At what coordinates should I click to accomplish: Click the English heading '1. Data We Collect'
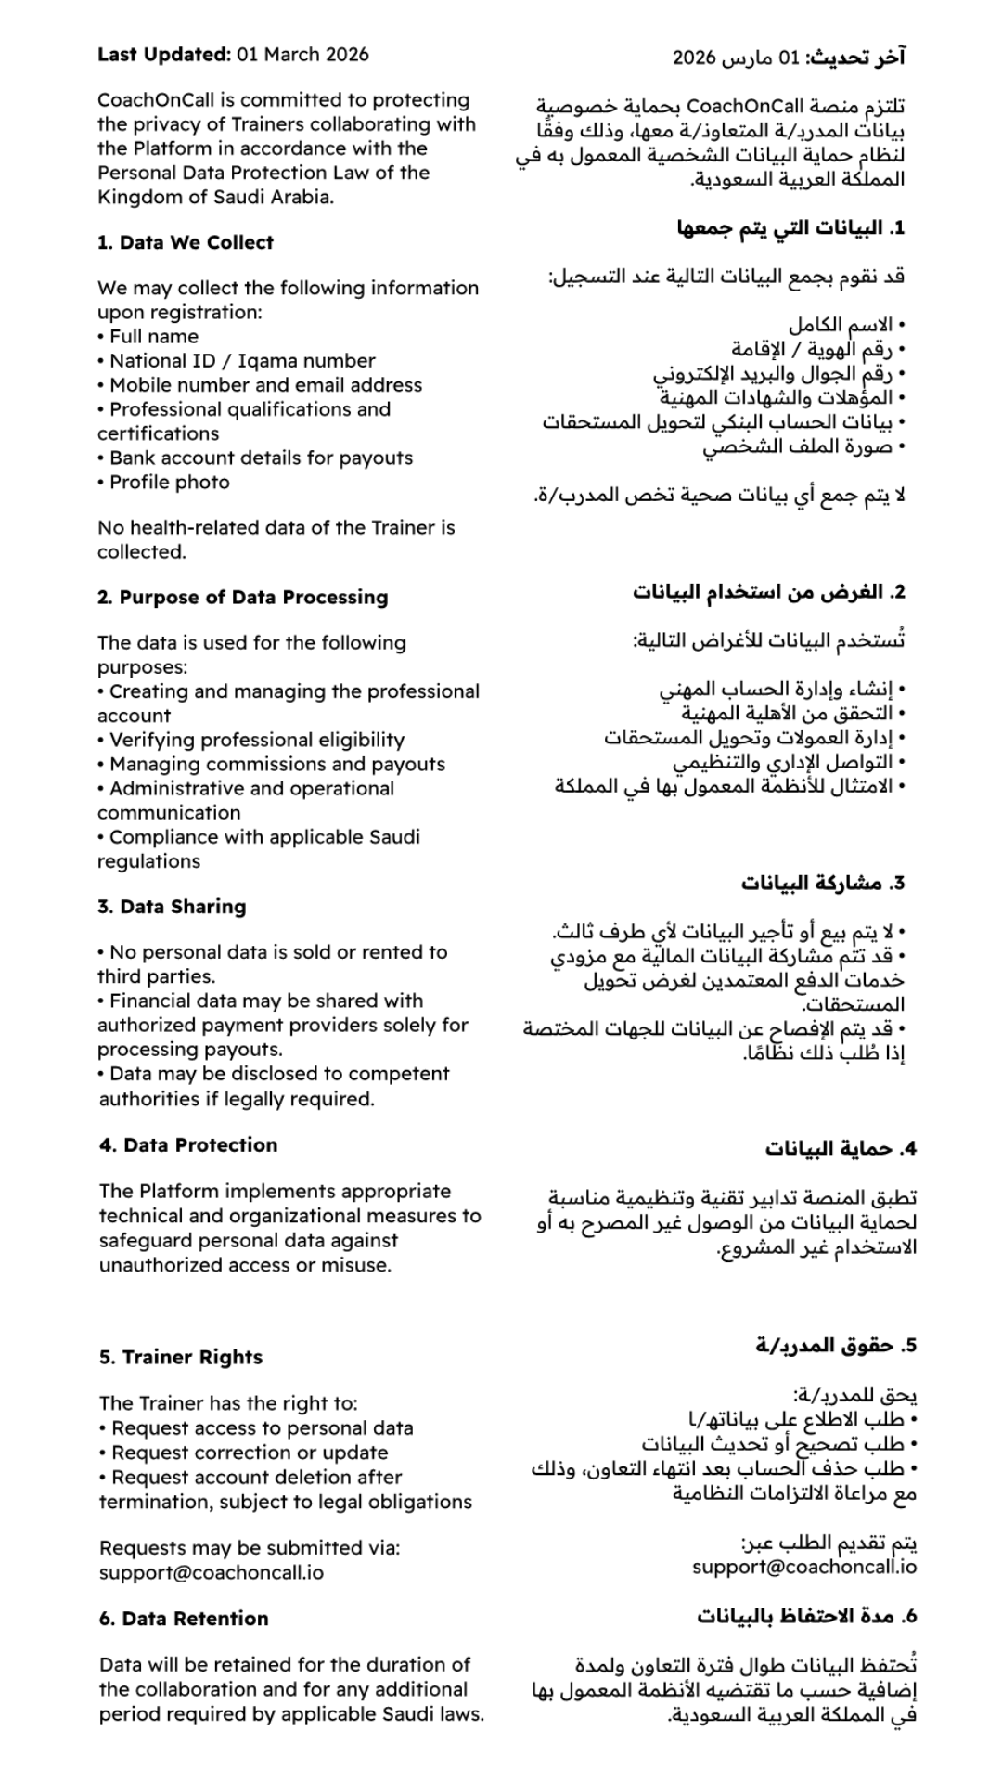coord(186,242)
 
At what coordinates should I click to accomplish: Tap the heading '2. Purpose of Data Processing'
coord(243,598)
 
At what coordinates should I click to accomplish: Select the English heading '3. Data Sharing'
coord(172,907)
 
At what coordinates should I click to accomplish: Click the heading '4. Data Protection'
coord(188,1145)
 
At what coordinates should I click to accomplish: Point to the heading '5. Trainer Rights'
coord(181,1358)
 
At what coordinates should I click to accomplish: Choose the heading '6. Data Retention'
coord(184,1619)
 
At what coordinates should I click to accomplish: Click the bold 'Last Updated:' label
coord(164,55)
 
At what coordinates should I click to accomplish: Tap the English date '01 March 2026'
coord(302,55)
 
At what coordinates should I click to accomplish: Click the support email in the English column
coord(212,1573)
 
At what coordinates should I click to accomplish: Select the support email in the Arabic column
coord(804,1568)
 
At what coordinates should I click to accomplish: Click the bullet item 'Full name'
coord(154,337)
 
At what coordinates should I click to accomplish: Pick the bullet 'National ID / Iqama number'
coord(242,361)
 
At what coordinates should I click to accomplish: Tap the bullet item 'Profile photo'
coord(169,483)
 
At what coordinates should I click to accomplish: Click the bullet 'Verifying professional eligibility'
coord(257,741)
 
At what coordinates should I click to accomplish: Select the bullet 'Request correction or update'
coord(250,1453)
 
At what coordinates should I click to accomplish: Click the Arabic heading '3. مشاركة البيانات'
coord(822,883)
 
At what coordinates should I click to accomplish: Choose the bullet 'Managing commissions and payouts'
coord(277,765)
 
